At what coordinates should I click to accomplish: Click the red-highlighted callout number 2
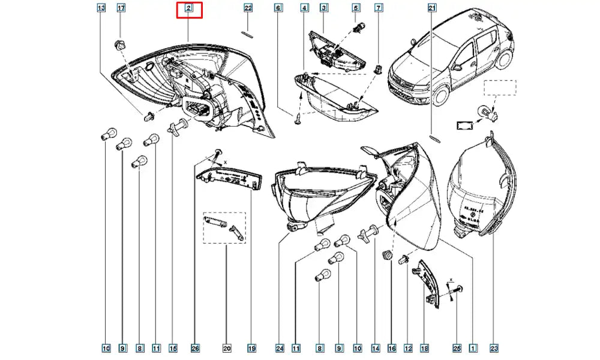coord(189,8)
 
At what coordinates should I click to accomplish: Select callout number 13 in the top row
coord(101,8)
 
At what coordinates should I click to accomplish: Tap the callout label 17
coord(121,8)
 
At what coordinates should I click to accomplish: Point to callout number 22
coord(248,8)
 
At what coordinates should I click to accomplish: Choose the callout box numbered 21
coord(432,8)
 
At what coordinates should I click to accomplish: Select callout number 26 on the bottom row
coord(195,347)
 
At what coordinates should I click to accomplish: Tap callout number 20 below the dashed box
coord(227,347)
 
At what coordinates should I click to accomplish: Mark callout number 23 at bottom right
coord(494,347)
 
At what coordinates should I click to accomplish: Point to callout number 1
coord(473,347)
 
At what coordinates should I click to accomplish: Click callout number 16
coord(392,347)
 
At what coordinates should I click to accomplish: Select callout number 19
coord(252,347)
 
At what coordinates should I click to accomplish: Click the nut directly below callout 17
coord(119,44)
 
